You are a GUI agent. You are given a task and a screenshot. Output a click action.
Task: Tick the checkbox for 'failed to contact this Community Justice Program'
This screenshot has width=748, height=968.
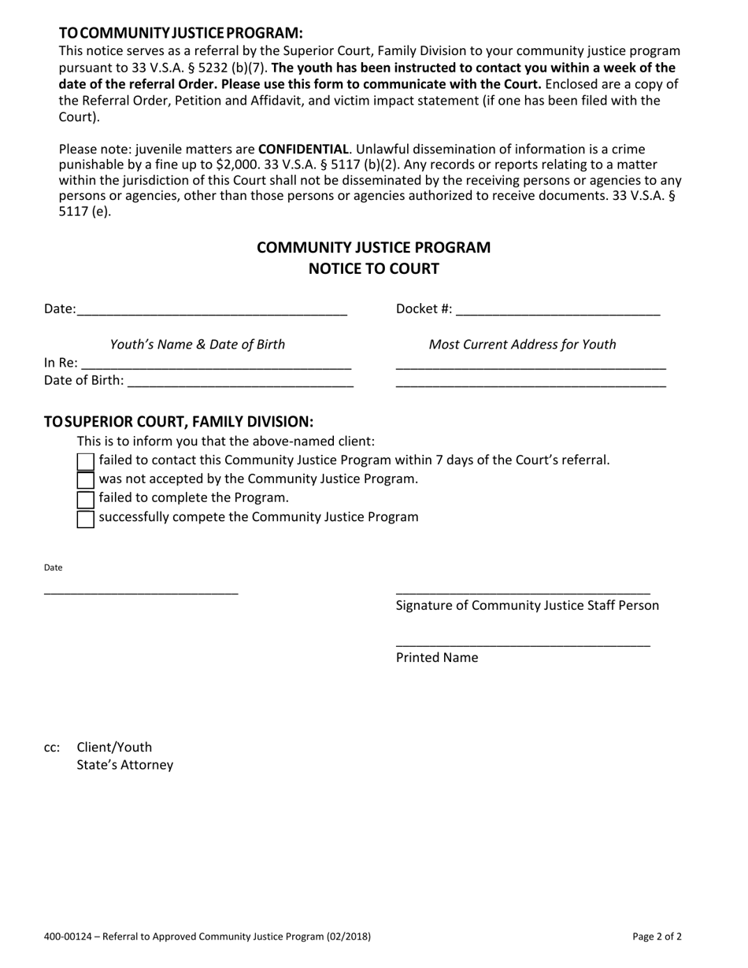[86, 462]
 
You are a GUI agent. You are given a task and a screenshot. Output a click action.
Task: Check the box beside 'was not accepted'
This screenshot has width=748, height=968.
[86, 481]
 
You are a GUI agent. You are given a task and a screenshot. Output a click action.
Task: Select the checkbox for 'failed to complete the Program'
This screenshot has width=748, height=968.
[86, 500]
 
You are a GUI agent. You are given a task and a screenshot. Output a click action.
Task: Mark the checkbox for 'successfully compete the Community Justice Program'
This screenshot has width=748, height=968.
[86, 519]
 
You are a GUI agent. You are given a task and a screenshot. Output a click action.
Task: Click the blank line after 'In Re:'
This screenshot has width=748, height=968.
[216, 366]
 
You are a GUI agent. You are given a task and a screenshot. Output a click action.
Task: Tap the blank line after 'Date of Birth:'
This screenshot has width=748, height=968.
[240, 385]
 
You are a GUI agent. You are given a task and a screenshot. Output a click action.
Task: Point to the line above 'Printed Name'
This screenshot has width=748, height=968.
[523, 645]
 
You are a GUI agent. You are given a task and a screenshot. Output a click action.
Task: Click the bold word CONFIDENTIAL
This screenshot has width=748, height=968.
[303, 150]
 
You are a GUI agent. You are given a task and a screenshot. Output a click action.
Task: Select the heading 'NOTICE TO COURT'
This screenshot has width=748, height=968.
[373, 269]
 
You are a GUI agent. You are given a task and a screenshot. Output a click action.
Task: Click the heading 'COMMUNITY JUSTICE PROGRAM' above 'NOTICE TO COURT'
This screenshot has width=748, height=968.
[373, 248]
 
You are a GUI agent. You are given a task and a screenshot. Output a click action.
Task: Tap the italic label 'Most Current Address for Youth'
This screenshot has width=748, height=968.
[522, 345]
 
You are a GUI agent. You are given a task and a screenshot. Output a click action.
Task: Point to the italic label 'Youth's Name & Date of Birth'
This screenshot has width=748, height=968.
[198, 345]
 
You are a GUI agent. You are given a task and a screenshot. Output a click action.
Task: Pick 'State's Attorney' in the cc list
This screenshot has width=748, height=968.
[124, 765]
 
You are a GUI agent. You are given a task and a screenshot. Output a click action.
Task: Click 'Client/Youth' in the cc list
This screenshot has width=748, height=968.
[114, 747]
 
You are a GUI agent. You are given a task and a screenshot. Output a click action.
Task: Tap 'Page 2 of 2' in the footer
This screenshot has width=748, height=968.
[657, 937]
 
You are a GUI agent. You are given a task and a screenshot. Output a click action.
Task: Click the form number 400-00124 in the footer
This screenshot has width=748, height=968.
[68, 937]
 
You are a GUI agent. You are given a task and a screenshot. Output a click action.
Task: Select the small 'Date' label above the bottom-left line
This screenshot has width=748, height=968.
[53, 567]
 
